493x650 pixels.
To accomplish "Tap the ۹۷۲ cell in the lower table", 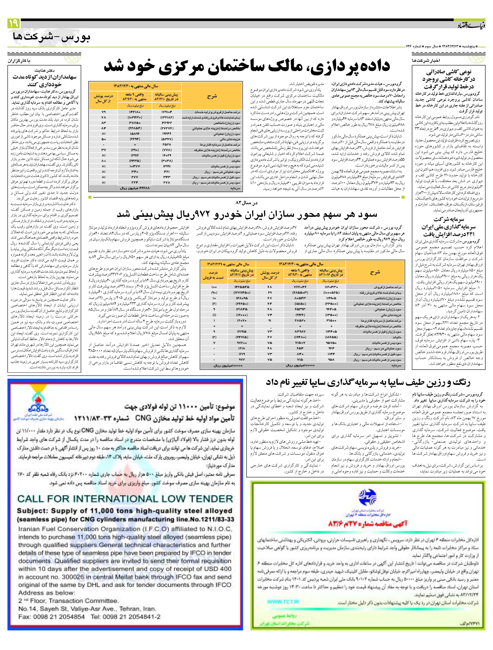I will pos(242,359).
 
